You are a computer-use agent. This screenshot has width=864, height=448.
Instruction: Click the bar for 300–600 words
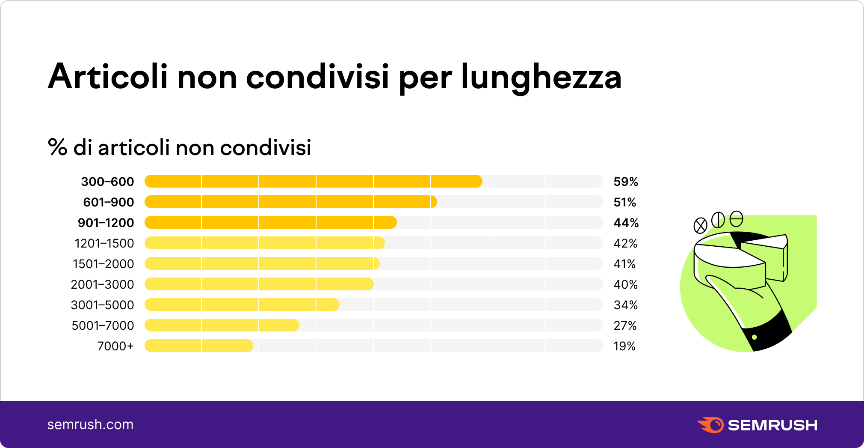[x=313, y=181]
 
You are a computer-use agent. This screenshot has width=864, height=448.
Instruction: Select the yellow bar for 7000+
[x=199, y=346]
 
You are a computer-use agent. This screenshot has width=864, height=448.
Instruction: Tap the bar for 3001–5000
[x=242, y=305]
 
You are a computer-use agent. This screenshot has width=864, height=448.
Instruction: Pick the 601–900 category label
[x=108, y=202]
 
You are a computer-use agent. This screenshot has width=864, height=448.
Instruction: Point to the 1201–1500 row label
[x=104, y=243]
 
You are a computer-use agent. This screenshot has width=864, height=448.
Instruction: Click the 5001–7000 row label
[x=103, y=326]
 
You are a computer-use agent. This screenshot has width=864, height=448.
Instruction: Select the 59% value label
[x=625, y=182]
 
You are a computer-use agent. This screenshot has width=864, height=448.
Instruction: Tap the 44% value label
[x=626, y=223]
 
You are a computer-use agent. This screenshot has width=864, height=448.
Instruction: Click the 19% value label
[x=624, y=346]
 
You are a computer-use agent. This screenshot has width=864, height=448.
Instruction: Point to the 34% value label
[x=625, y=305]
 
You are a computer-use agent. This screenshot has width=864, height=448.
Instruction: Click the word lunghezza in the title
[x=541, y=78]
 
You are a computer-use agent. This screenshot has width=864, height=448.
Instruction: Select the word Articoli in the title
[x=108, y=77]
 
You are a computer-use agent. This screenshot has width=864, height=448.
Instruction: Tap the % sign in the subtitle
[x=58, y=147]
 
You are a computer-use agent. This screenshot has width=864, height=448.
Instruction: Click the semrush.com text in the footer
[x=90, y=424]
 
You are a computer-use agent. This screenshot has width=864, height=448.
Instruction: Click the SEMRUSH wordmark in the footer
[x=772, y=425]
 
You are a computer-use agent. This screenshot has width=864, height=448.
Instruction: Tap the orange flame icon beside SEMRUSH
[x=710, y=425]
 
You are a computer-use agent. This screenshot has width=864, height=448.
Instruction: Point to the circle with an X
[x=700, y=225]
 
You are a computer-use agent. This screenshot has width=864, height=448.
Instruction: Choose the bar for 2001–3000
[x=259, y=284]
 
